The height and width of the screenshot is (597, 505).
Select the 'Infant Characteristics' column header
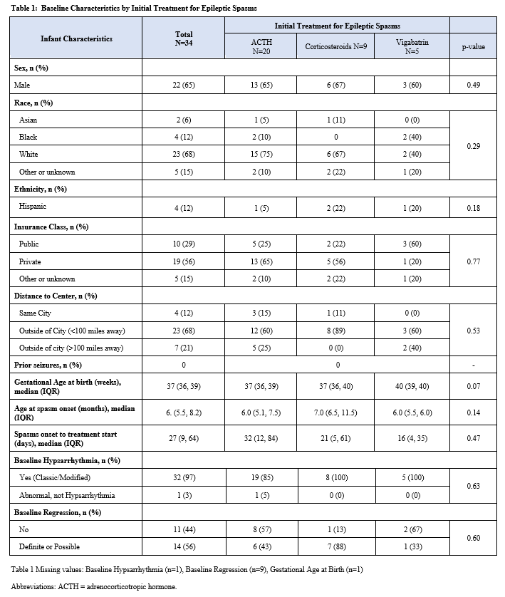pyautogui.click(x=76, y=38)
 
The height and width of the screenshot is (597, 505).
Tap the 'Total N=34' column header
pyautogui.click(x=184, y=38)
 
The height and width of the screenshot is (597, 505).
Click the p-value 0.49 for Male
pyautogui.click(x=474, y=85)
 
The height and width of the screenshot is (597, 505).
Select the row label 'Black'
pyautogui.click(x=28, y=137)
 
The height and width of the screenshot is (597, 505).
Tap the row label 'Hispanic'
pyautogui.click(x=34, y=208)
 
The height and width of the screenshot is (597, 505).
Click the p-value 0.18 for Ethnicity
pyautogui.click(x=474, y=208)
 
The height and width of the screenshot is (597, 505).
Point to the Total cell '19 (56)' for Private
pyautogui.click(x=184, y=261)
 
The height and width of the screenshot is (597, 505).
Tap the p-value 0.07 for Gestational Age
pyautogui.click(x=474, y=387)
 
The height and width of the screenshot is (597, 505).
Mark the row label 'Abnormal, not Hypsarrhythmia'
pyautogui.click(x=66, y=495)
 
